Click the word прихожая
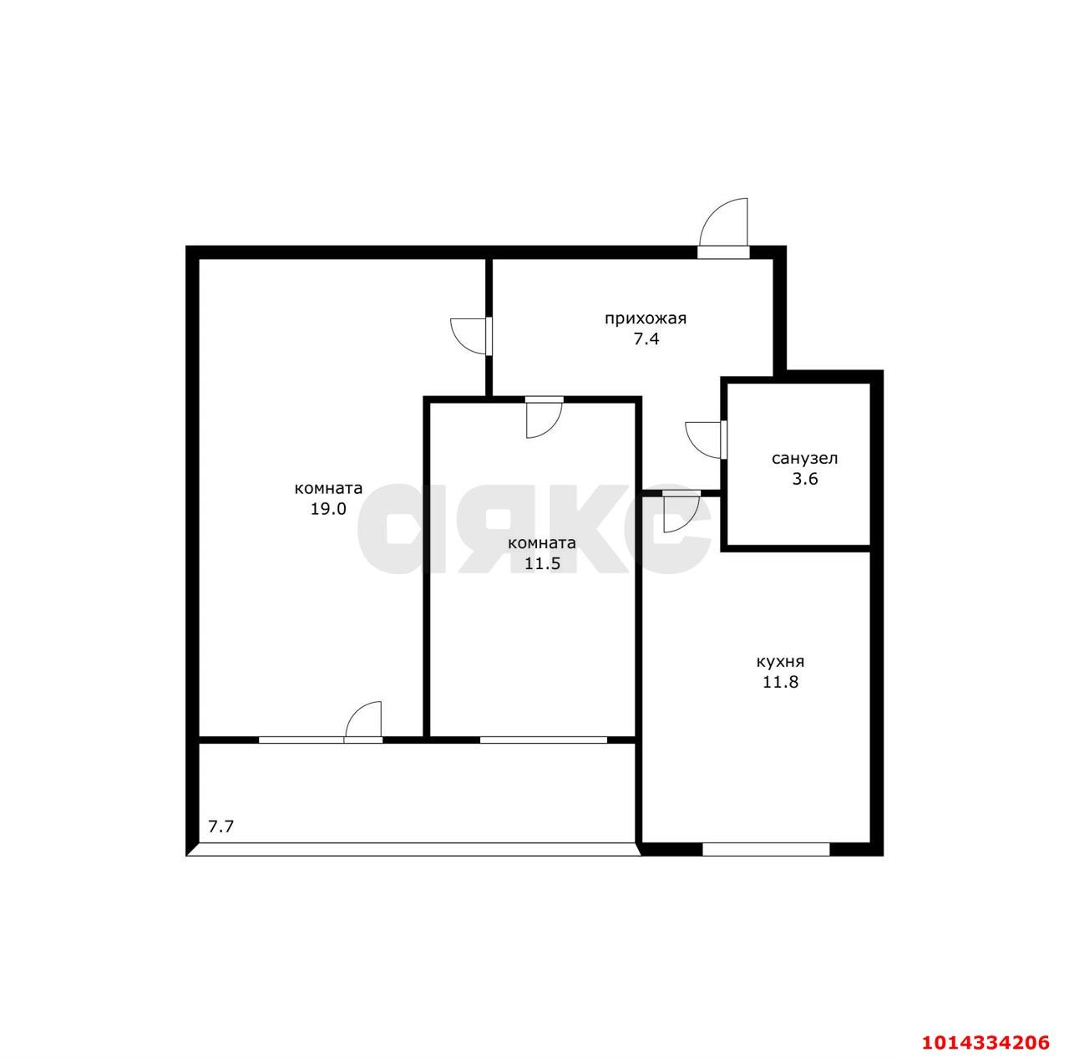pos(646,319)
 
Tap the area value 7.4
pos(646,339)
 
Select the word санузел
pos(804,459)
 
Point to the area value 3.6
pos(805,479)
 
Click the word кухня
pos(780,662)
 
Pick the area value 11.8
pos(780,682)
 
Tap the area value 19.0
pos(328,508)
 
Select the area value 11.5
pos(543,563)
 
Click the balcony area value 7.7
pos(220,827)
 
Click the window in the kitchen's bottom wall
pos(766,849)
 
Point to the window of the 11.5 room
pos(543,740)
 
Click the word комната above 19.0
pos(328,489)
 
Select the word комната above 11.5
pos(542,544)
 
